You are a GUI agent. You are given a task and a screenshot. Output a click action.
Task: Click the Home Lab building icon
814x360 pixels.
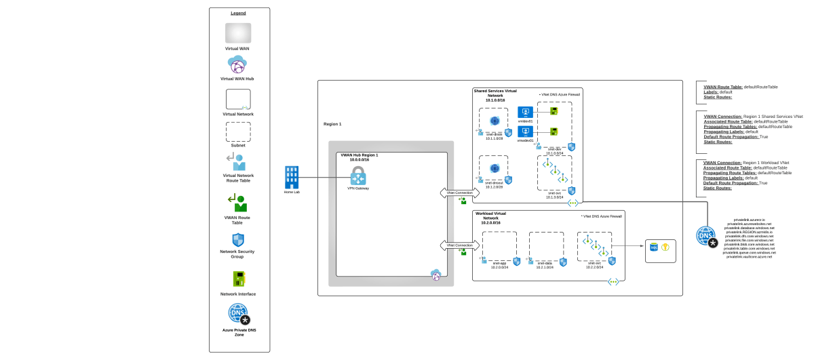[x=292, y=178]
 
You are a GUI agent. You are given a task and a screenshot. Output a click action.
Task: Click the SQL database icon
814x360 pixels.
[x=654, y=247]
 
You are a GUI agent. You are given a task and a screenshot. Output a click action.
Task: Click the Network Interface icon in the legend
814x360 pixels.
[x=238, y=279]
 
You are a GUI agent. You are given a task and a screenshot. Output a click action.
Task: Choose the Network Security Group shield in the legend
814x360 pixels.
[x=238, y=240]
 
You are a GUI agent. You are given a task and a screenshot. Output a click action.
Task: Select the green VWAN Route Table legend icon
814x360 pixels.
[x=238, y=203]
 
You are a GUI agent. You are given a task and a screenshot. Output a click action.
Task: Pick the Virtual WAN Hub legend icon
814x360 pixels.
[x=238, y=65]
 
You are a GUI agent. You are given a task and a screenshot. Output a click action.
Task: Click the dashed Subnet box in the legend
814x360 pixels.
[x=238, y=132]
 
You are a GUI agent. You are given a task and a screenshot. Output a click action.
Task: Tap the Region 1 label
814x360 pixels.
[x=332, y=124]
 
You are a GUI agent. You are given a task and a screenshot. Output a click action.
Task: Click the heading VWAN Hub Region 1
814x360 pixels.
[x=359, y=155]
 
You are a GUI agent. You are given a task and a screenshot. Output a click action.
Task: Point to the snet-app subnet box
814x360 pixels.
[x=499, y=246]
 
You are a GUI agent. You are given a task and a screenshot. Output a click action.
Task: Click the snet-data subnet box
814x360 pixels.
[x=546, y=246]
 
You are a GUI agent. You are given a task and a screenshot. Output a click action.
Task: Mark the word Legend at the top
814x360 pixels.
[x=238, y=13]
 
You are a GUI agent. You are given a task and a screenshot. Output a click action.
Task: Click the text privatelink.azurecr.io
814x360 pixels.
[x=749, y=220]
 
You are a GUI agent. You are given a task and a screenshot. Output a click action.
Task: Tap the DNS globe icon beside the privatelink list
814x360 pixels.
[x=705, y=236]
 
